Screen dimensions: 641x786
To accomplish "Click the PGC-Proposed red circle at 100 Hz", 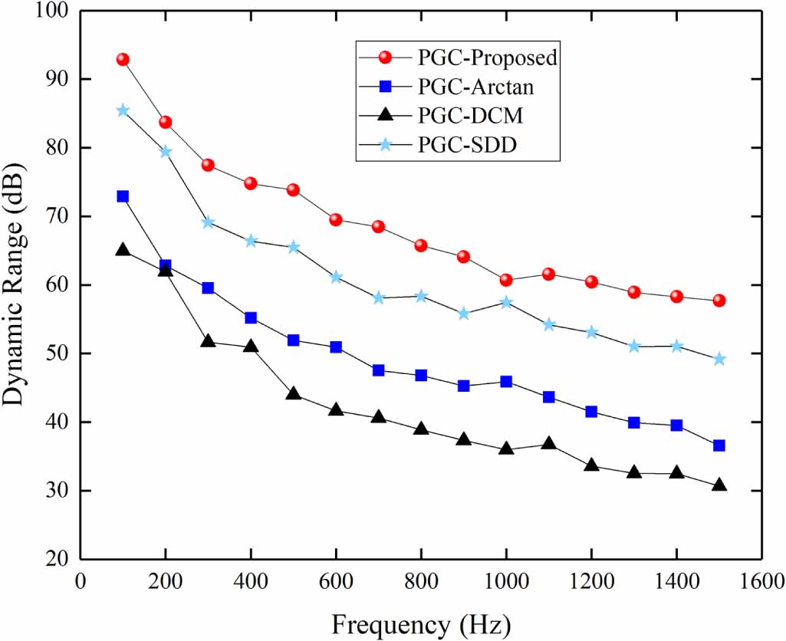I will (x=123, y=59).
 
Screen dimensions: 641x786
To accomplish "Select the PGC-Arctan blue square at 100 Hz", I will (x=123, y=196).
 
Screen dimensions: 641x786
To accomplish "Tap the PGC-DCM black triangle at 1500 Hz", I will (x=719, y=485).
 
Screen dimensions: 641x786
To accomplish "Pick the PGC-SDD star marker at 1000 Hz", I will (x=506, y=302).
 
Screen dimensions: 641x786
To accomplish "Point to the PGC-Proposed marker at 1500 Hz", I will (x=719, y=301).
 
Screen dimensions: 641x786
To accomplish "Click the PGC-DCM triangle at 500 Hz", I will (x=293, y=393).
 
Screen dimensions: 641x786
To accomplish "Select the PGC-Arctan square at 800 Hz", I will (x=421, y=375).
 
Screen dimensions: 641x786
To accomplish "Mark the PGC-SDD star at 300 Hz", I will (x=208, y=222).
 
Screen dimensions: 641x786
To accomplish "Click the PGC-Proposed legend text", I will (x=487, y=58).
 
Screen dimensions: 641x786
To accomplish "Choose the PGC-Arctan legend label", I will (x=475, y=87).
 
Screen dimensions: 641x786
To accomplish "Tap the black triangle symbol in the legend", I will (x=386, y=115).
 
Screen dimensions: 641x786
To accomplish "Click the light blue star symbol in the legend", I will (x=386, y=144).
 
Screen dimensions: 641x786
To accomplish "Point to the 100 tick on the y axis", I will (x=51, y=12).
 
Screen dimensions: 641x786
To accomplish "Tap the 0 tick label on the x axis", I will (x=81, y=582).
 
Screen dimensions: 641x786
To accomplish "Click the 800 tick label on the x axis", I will (x=421, y=582).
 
